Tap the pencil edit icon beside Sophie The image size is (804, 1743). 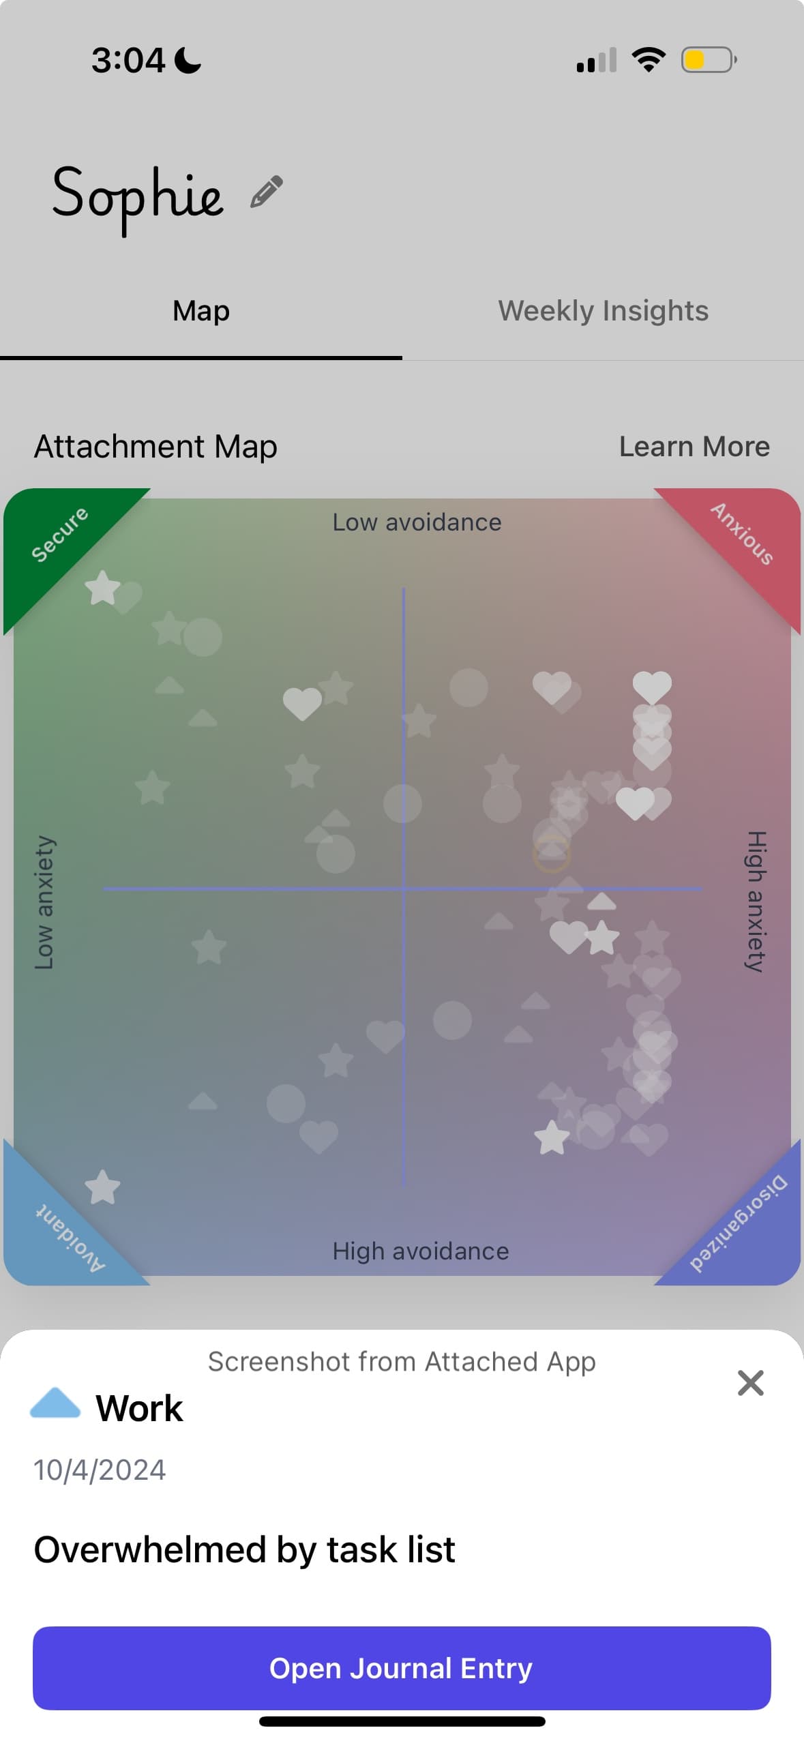(x=267, y=192)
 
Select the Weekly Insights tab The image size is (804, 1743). (x=603, y=311)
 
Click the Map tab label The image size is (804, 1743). (x=201, y=311)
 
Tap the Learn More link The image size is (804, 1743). (x=694, y=447)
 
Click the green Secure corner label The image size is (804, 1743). (x=59, y=534)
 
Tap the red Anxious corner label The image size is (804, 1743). (x=743, y=534)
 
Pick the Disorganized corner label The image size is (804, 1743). (x=738, y=1224)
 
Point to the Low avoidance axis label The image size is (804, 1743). (x=417, y=522)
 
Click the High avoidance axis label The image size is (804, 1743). (x=420, y=1251)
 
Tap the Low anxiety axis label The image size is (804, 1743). (x=44, y=902)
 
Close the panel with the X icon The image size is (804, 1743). (x=750, y=1383)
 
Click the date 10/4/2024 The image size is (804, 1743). (x=100, y=1470)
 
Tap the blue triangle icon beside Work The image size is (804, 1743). (x=55, y=1403)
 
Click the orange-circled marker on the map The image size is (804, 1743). (x=551, y=853)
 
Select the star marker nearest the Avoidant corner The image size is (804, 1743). (x=102, y=1188)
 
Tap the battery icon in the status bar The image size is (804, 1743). (x=708, y=60)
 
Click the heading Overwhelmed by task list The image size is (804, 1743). (x=244, y=1549)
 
